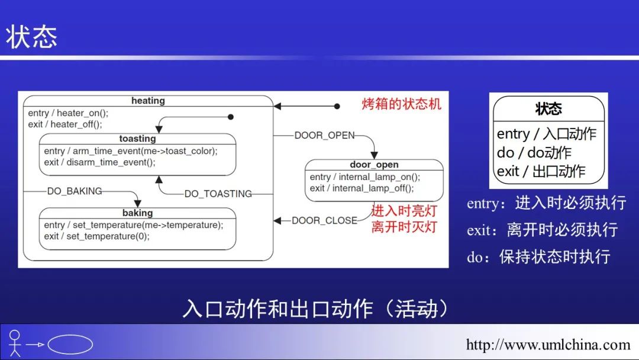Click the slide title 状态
click(x=32, y=37)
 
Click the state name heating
click(x=148, y=101)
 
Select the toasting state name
click(x=137, y=139)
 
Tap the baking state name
click(x=137, y=213)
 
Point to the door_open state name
click(x=374, y=165)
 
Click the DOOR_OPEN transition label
click(x=325, y=135)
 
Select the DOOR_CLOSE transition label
click(x=325, y=220)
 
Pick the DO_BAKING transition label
click(x=75, y=191)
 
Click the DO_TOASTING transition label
click(x=218, y=194)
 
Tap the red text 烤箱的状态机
click(x=402, y=104)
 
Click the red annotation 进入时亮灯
click(x=404, y=211)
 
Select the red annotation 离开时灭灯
click(x=404, y=226)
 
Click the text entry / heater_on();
click(x=68, y=113)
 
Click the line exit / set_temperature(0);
click(x=96, y=236)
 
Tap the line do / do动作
click(x=534, y=153)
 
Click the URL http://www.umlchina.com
click(x=548, y=344)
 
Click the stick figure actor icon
click(x=15, y=343)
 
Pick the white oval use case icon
click(x=70, y=344)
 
